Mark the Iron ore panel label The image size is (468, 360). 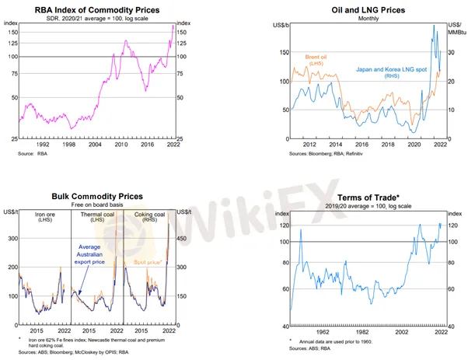pos(43,216)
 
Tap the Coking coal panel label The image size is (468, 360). pos(150,216)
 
